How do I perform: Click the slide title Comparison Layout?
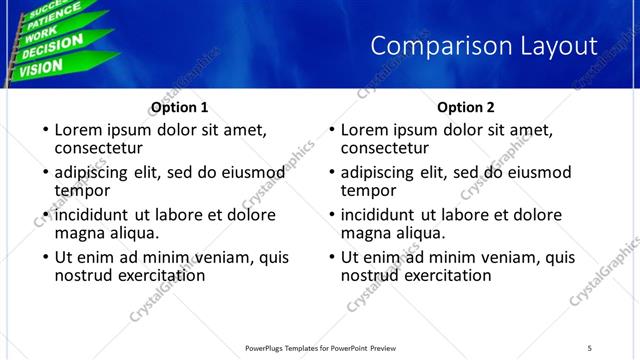[483, 46]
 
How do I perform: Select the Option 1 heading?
[179, 107]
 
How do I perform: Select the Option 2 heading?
[466, 107]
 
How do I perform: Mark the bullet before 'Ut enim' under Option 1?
[45, 258]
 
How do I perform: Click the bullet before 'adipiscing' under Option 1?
[45, 173]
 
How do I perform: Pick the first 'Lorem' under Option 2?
[365, 130]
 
